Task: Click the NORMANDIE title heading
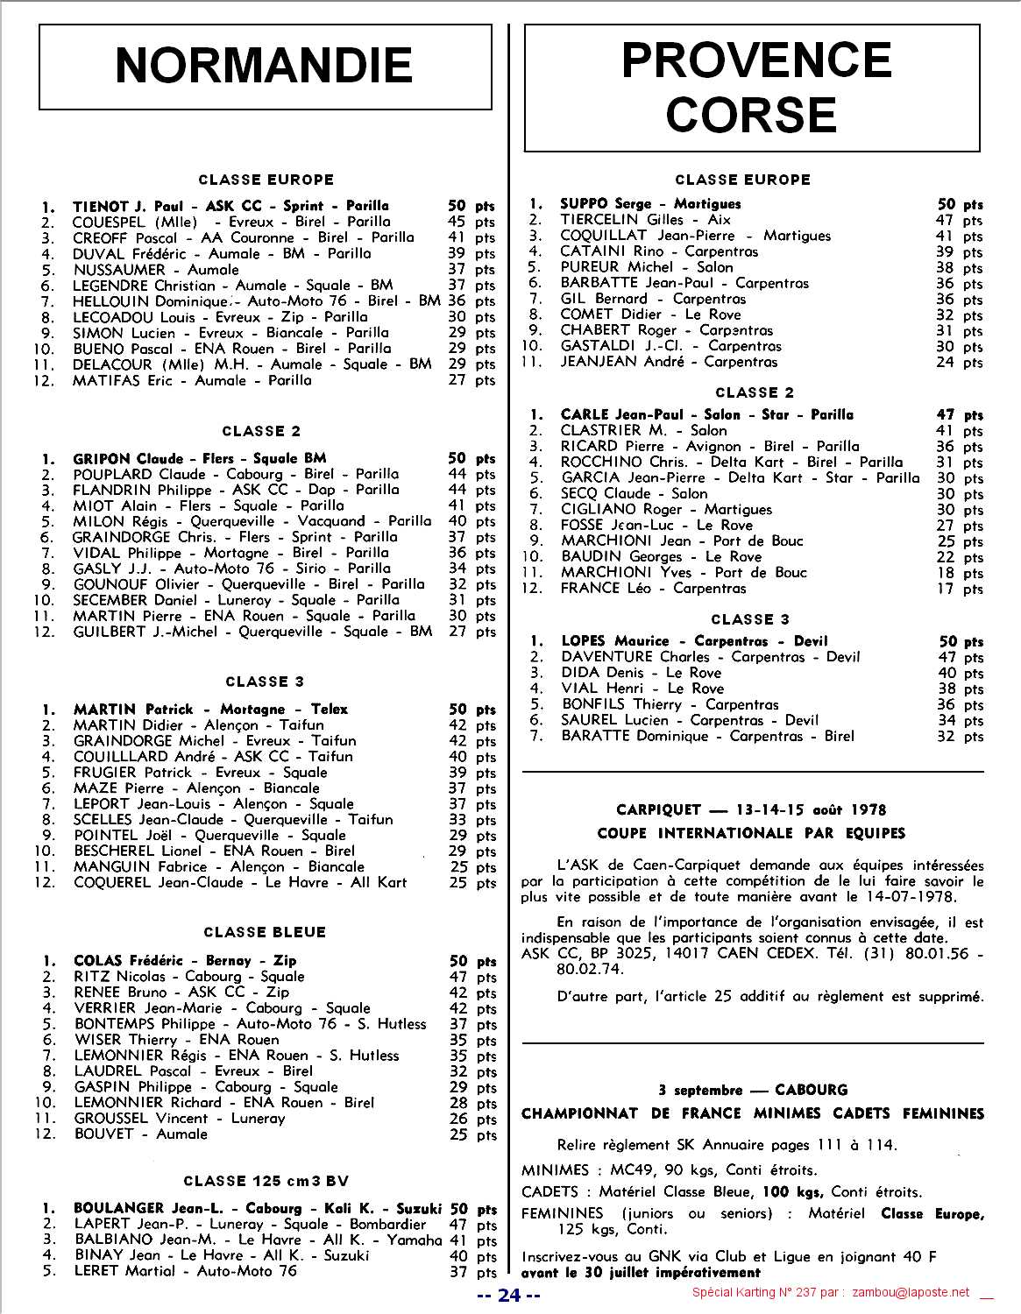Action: coord(264,66)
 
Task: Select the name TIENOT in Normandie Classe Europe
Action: coord(102,206)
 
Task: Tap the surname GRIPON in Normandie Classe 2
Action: coord(102,458)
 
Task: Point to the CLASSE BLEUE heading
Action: coord(265,932)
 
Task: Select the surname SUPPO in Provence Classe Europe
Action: coord(584,204)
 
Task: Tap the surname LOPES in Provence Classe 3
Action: coord(585,641)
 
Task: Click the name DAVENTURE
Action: coord(606,657)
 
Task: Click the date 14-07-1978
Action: coord(915,896)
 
